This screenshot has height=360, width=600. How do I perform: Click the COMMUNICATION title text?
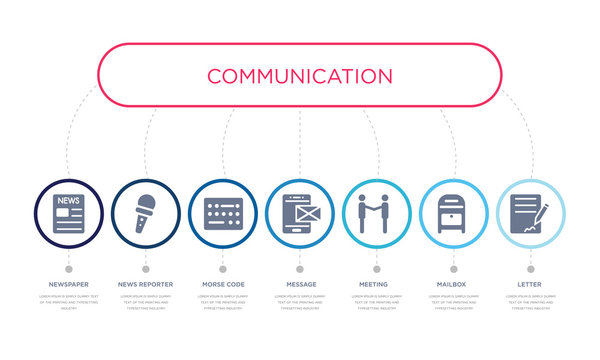[299, 76]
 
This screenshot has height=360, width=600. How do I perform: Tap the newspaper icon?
[69, 213]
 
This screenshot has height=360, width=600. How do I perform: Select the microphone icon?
[146, 213]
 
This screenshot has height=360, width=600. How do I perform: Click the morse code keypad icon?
[223, 213]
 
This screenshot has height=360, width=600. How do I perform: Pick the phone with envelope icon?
[300, 213]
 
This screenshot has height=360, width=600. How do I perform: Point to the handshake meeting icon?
[377, 213]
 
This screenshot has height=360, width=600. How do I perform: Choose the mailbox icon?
[453, 213]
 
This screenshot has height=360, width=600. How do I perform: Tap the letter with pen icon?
[530, 213]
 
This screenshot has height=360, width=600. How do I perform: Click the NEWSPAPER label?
[69, 285]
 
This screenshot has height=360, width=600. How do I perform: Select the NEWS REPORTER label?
[146, 285]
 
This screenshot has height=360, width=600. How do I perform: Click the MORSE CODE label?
[223, 285]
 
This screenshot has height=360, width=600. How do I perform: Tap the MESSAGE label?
[300, 285]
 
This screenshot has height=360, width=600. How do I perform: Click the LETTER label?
[530, 285]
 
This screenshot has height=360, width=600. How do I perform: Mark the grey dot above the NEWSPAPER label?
[69, 269]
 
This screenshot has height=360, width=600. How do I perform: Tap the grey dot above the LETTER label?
[530, 269]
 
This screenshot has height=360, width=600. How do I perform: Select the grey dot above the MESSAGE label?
[300, 269]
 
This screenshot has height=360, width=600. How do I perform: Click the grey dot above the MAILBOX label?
[453, 269]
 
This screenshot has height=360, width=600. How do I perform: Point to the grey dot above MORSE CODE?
[223, 269]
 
